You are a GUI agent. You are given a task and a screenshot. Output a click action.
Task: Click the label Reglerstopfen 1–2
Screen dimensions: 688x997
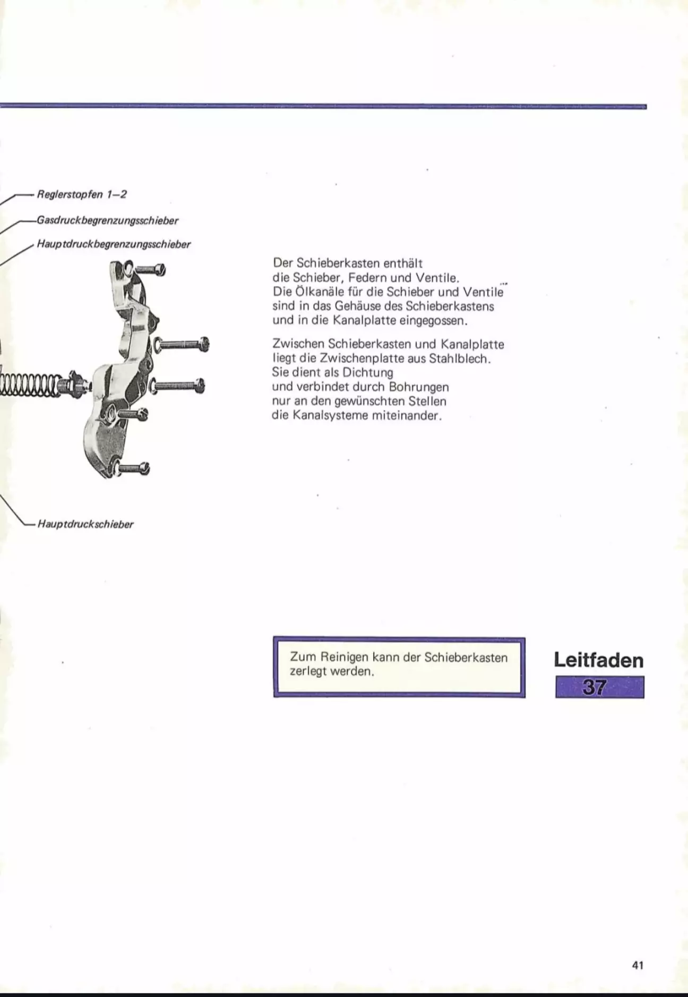pyautogui.click(x=82, y=194)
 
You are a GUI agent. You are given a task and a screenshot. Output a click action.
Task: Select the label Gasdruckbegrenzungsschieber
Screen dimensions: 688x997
pyautogui.click(x=107, y=220)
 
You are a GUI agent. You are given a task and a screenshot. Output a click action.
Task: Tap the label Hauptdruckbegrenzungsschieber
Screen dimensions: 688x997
pyautogui.click(x=114, y=245)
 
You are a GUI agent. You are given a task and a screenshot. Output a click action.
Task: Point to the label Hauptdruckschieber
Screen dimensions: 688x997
pyautogui.click(x=85, y=525)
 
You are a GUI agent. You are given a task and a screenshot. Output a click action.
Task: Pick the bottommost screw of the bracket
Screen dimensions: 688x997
pyautogui.click(x=133, y=468)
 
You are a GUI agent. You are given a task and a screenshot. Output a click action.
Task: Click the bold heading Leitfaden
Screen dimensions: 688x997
pyautogui.click(x=598, y=660)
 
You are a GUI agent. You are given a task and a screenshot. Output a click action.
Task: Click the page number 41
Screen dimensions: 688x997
pyautogui.click(x=638, y=965)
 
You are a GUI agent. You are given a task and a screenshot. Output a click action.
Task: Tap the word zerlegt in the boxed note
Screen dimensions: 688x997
pyautogui.click(x=308, y=671)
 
